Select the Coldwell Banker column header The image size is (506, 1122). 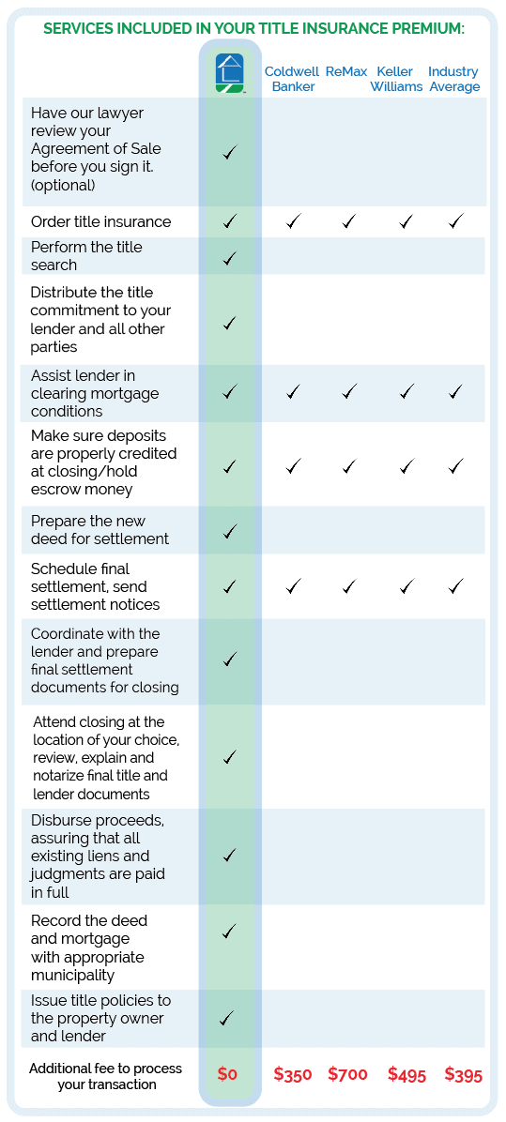click(292, 79)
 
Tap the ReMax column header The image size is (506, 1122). click(347, 71)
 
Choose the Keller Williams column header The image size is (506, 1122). click(396, 79)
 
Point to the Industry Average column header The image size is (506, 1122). click(453, 79)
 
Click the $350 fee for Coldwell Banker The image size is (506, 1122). click(292, 1075)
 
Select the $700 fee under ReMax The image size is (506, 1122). click(347, 1074)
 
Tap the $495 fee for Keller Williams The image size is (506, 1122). click(406, 1075)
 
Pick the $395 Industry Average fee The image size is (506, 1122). click(463, 1075)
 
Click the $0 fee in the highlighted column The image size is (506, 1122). click(228, 1074)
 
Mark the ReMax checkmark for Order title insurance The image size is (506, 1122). click(349, 221)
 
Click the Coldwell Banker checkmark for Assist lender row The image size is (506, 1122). click(293, 391)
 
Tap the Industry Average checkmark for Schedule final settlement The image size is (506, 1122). click(456, 586)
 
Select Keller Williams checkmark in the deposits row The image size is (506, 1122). click(406, 465)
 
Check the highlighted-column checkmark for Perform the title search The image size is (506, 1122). click(230, 258)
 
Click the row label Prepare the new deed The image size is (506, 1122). click(100, 530)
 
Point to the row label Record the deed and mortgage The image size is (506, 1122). click(88, 948)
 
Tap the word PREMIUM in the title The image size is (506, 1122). click(417, 29)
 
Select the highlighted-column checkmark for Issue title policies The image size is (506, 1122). click(229, 1017)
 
